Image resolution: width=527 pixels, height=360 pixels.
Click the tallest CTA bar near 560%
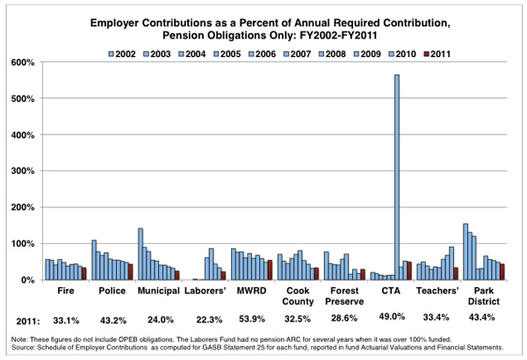click(397, 177)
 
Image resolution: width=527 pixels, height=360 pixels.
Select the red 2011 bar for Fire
click(84, 274)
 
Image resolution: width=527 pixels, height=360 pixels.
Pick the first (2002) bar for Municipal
click(141, 254)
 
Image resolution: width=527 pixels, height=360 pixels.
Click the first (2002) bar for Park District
click(466, 251)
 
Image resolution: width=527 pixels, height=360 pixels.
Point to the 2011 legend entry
click(437, 54)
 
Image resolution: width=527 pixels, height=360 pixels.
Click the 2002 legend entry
click(122, 54)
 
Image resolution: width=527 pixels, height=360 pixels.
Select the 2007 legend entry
click(297, 54)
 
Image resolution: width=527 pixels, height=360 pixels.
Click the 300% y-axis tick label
click(24, 171)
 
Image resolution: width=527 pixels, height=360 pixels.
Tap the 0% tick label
click(27, 280)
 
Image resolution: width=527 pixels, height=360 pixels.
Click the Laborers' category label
click(205, 291)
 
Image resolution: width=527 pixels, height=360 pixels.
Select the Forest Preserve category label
click(344, 296)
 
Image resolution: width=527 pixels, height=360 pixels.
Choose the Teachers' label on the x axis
click(437, 291)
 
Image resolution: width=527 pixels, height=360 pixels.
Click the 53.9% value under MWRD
click(252, 319)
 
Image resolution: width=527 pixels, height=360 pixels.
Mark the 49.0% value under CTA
click(392, 316)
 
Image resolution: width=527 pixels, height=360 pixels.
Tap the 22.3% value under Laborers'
click(209, 320)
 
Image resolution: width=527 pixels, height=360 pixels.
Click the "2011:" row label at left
click(28, 321)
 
